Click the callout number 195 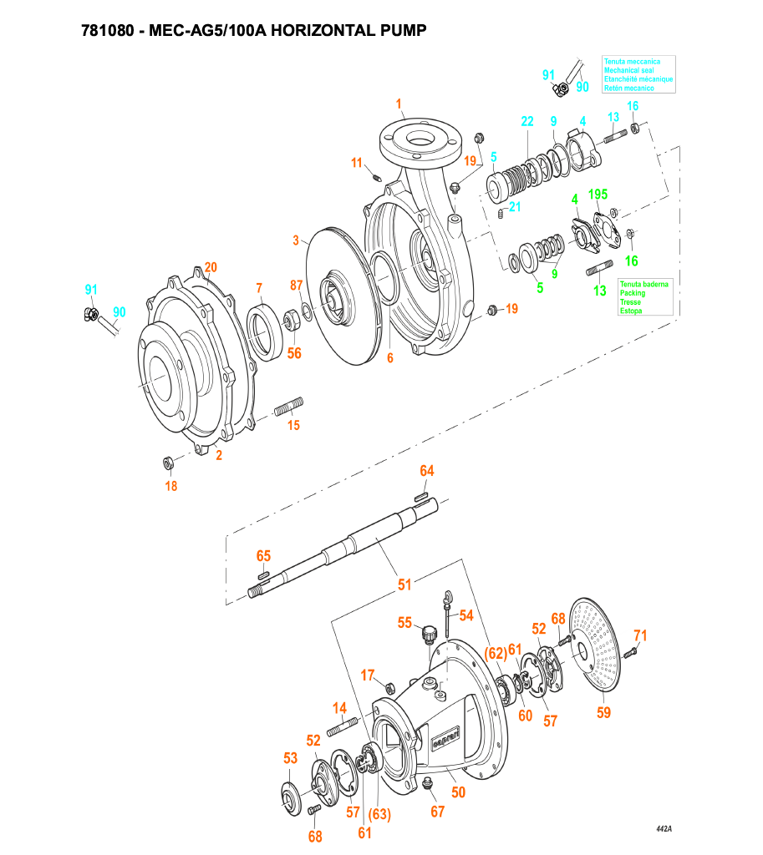tap(598, 194)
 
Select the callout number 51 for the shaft tap(404, 585)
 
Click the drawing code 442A tap(664, 828)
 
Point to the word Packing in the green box tap(632, 293)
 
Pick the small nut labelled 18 tap(167, 463)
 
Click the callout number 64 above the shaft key tap(427, 472)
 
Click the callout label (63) tap(380, 815)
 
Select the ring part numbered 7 tap(267, 331)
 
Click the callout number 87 tap(296, 286)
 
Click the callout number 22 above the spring tap(526, 122)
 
